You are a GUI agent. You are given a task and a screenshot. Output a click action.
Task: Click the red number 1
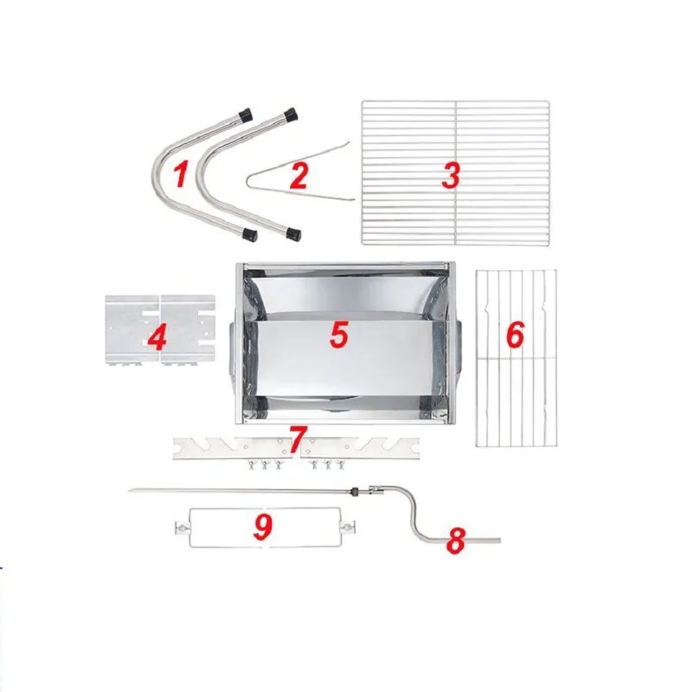tap(181, 173)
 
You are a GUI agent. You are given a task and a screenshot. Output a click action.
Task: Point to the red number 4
tap(157, 338)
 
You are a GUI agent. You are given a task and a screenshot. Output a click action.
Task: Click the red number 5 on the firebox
tap(339, 335)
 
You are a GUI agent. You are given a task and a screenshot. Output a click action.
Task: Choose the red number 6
tap(515, 335)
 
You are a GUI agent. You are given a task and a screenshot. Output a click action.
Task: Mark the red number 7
tap(298, 437)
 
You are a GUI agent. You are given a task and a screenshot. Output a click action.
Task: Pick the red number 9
tap(262, 528)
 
